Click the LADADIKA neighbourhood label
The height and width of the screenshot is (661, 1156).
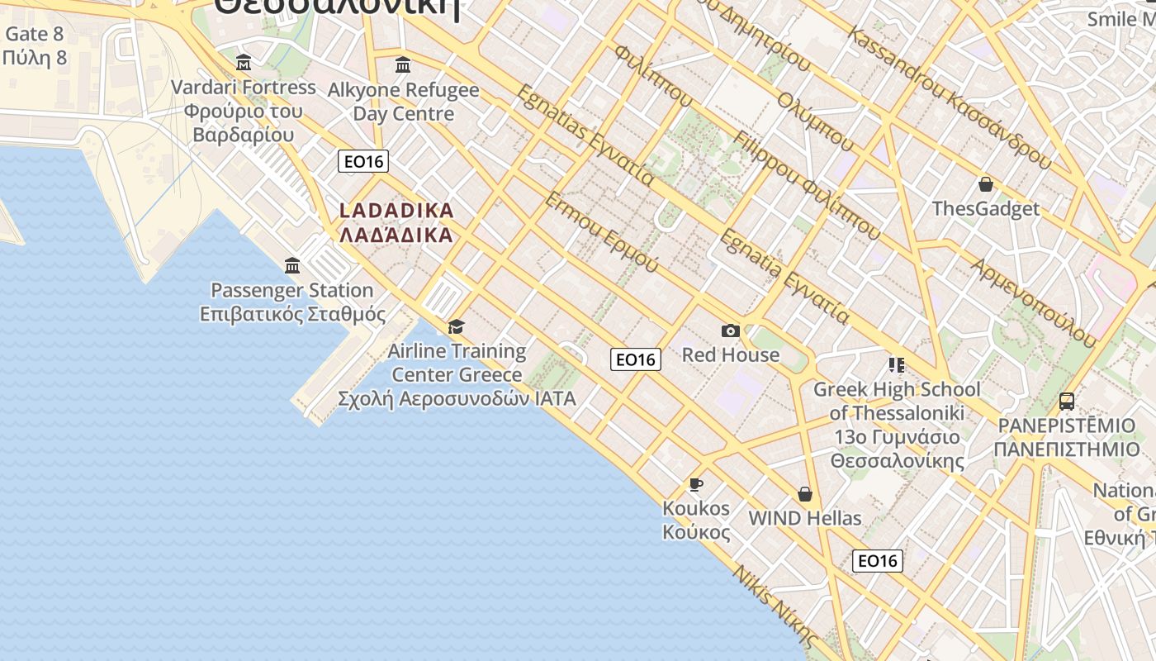coord(396,222)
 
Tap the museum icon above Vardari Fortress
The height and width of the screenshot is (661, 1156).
coord(244,62)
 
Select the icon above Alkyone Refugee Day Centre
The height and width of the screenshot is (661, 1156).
coord(403,64)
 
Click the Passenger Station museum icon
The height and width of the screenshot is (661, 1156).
coord(292,265)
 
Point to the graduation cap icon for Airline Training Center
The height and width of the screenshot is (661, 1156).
coord(456,326)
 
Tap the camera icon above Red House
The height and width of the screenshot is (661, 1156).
coord(731,330)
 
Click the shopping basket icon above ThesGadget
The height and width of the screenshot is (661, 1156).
coord(985,183)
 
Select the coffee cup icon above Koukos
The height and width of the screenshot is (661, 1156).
coord(696,483)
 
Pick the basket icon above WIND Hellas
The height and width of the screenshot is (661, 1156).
coord(805,494)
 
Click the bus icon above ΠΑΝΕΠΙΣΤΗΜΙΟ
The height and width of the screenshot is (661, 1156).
coord(1067,402)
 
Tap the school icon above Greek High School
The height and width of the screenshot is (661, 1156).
coord(896,364)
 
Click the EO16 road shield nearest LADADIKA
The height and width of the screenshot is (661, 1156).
coord(363,161)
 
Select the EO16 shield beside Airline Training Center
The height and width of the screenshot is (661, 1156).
coord(636,359)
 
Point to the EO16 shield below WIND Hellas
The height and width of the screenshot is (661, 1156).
coord(877,561)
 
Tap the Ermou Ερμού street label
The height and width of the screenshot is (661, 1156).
coord(602,232)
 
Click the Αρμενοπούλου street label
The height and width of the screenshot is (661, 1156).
coord(1034,302)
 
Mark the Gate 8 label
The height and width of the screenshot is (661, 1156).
coord(34,34)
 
